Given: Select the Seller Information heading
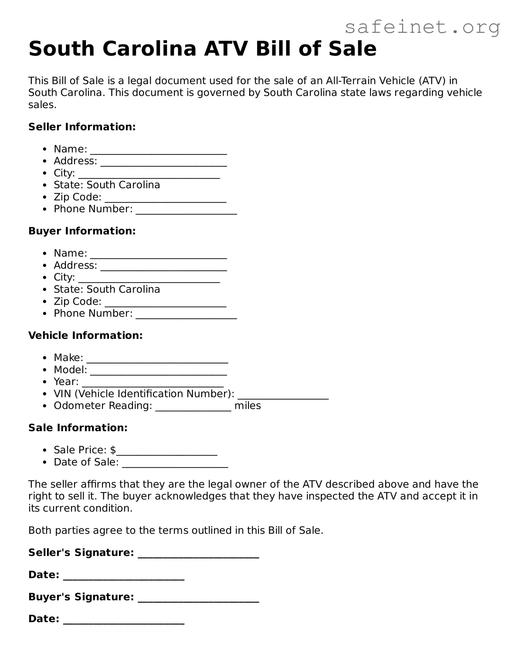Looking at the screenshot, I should click(x=82, y=127).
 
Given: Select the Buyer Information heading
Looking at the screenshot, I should click(x=82, y=231).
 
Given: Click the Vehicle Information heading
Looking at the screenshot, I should click(x=85, y=335).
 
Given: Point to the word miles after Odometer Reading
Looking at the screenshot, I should click(x=248, y=406).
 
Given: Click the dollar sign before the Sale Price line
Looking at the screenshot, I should click(x=113, y=450).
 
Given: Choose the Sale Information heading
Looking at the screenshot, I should click(x=78, y=428).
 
